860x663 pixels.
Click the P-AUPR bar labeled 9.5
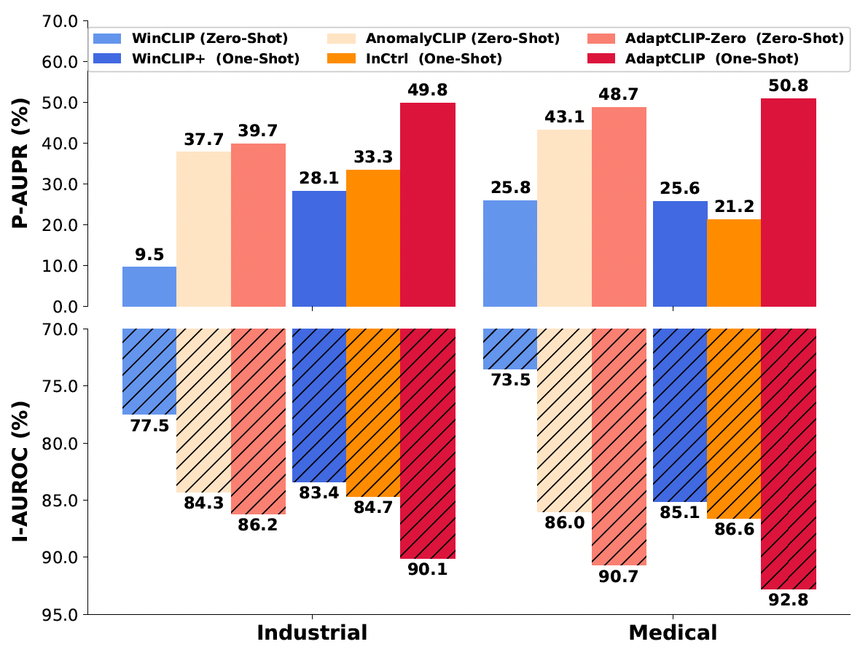click(149, 286)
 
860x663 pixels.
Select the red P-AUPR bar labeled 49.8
click(428, 205)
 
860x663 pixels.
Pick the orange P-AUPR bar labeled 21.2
click(734, 263)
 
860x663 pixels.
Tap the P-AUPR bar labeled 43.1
click(564, 218)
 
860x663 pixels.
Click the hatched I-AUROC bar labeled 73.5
click(510, 349)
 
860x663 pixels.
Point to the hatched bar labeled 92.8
click(789, 458)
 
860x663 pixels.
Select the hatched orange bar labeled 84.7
click(373, 412)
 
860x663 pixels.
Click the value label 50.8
click(789, 86)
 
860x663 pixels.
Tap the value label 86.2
click(259, 525)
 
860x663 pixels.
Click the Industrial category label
click(312, 632)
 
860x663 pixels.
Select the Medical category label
click(673, 632)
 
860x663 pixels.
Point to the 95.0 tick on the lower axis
click(62, 614)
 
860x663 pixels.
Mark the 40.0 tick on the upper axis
click(62, 144)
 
